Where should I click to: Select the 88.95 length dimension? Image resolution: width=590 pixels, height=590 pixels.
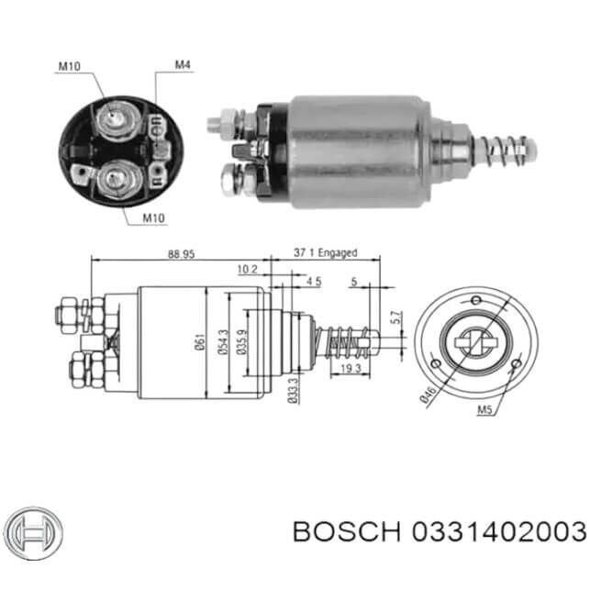tap(181, 254)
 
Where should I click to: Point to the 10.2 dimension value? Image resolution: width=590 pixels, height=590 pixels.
tap(247, 270)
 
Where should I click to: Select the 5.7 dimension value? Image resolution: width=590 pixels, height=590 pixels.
tap(395, 318)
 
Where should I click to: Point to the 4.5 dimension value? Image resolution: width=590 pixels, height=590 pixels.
tap(313, 283)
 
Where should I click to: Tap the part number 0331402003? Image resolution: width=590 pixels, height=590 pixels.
tap(499, 531)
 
